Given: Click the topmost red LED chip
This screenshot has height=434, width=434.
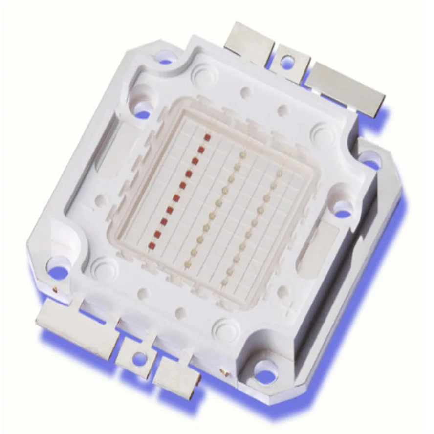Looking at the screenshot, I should click(x=207, y=137).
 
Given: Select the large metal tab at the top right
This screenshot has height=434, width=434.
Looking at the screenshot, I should click(x=345, y=88).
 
